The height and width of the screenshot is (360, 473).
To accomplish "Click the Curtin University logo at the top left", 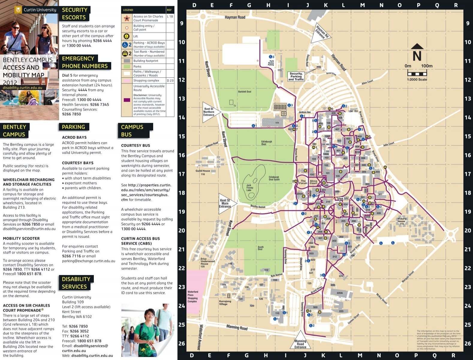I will [35, 10].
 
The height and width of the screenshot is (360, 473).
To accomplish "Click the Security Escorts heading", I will [74, 13].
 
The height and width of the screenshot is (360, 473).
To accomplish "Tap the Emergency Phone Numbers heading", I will [84, 62].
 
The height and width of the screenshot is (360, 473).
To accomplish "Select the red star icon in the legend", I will [126, 19].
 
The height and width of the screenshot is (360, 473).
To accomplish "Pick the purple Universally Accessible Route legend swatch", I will [126, 100].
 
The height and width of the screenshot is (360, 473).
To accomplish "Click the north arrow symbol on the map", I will [417, 53].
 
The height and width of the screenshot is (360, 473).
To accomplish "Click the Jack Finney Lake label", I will [249, 187].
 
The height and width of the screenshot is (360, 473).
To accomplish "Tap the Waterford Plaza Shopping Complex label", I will [193, 296].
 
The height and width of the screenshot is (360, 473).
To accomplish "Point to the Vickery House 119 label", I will [402, 221].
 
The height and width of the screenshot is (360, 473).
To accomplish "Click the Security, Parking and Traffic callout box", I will [296, 76].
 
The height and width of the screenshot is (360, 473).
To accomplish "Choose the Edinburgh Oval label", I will [266, 143].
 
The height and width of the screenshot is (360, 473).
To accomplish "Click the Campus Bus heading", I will [132, 130].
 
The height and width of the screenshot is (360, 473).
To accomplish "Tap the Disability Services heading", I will [76, 283].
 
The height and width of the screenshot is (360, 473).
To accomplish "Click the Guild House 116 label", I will [203, 172].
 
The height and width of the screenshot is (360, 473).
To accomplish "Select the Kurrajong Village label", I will [225, 302].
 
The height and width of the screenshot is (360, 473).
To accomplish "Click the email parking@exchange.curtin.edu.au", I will [88, 261].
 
